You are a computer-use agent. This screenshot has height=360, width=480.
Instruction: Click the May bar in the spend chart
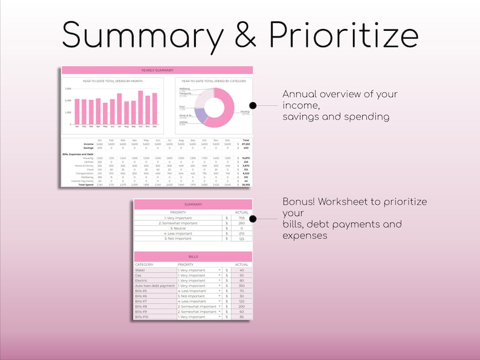pyautogui.click(x=105, y=114)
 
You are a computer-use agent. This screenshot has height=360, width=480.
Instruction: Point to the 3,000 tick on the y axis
pyautogui.click(x=68, y=89)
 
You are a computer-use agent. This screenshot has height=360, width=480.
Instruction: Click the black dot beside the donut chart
pyautogui.click(x=253, y=105)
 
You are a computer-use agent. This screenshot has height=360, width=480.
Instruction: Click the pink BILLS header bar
pyautogui.click(x=192, y=256)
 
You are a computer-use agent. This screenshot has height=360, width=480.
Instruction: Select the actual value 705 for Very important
pyautogui.click(x=241, y=218)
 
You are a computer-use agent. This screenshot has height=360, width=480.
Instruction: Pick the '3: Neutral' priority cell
pyautogui.click(x=178, y=228)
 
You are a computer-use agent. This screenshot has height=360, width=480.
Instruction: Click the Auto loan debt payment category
pyautogui.click(x=155, y=286)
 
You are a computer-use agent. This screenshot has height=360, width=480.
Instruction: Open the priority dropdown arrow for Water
pyautogui.click(x=219, y=270)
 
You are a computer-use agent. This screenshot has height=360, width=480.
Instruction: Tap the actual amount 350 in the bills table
pyautogui.click(x=241, y=286)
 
